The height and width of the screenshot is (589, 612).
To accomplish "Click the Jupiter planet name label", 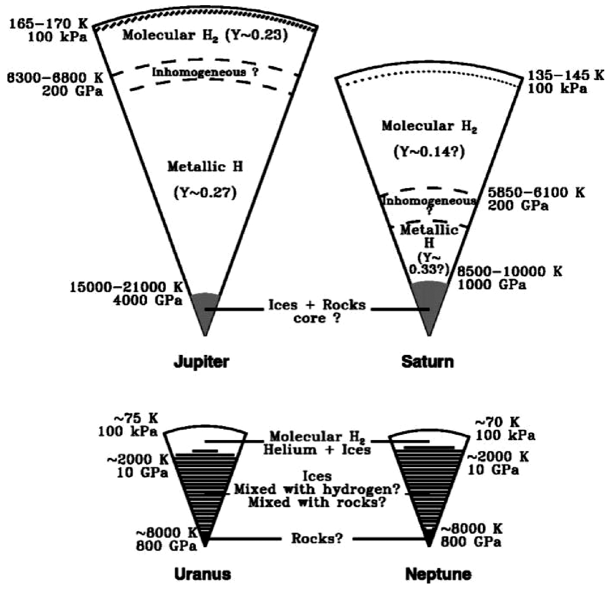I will (201, 361).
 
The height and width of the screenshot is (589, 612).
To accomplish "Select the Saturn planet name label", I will (427, 361).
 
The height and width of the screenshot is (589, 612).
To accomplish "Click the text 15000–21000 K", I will (126, 287).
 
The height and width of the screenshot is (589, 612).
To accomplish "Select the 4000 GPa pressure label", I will (147, 300).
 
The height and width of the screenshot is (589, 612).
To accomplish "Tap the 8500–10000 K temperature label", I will (509, 271).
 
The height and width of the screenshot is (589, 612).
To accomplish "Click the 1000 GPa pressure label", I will (492, 284).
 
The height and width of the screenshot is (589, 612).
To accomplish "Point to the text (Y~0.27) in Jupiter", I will (205, 193).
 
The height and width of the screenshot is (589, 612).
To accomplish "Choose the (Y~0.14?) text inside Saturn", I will (429, 152).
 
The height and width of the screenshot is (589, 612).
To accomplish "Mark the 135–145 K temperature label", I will (566, 75).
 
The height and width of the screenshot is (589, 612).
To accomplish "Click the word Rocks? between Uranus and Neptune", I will (317, 538).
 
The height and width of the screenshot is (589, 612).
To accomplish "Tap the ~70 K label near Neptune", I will (497, 422).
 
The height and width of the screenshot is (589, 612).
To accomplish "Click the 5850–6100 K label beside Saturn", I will (536, 193).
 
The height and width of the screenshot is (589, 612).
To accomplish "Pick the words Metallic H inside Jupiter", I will (205, 167).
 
